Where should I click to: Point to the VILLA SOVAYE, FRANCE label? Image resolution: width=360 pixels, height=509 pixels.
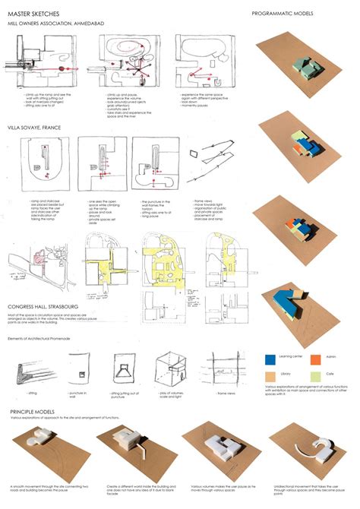click(x=35, y=128)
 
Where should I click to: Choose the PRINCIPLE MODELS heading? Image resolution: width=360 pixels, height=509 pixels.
click(x=36, y=411)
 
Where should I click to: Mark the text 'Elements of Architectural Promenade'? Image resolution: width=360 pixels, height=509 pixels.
click(x=39, y=338)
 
